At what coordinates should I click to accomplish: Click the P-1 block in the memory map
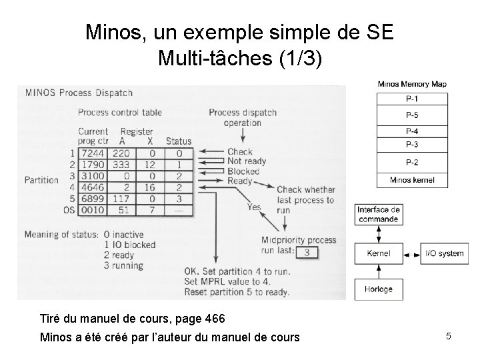[412, 99]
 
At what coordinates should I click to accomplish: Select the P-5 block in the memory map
[412, 116]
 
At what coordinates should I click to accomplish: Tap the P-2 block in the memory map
[412, 163]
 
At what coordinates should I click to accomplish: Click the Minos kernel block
[412, 179]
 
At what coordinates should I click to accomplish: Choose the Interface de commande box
[378, 214]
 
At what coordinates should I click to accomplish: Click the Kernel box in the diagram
[378, 253]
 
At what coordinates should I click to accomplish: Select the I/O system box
[444, 253]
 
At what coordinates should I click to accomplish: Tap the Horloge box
[378, 289]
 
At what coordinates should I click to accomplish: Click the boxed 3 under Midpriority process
[305, 252]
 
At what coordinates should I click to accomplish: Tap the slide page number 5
[449, 337]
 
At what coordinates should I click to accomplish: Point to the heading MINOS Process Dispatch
[79, 93]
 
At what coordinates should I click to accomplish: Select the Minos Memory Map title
[412, 84]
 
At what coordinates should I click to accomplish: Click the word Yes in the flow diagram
[253, 207]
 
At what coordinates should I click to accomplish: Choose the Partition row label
[41, 180]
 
